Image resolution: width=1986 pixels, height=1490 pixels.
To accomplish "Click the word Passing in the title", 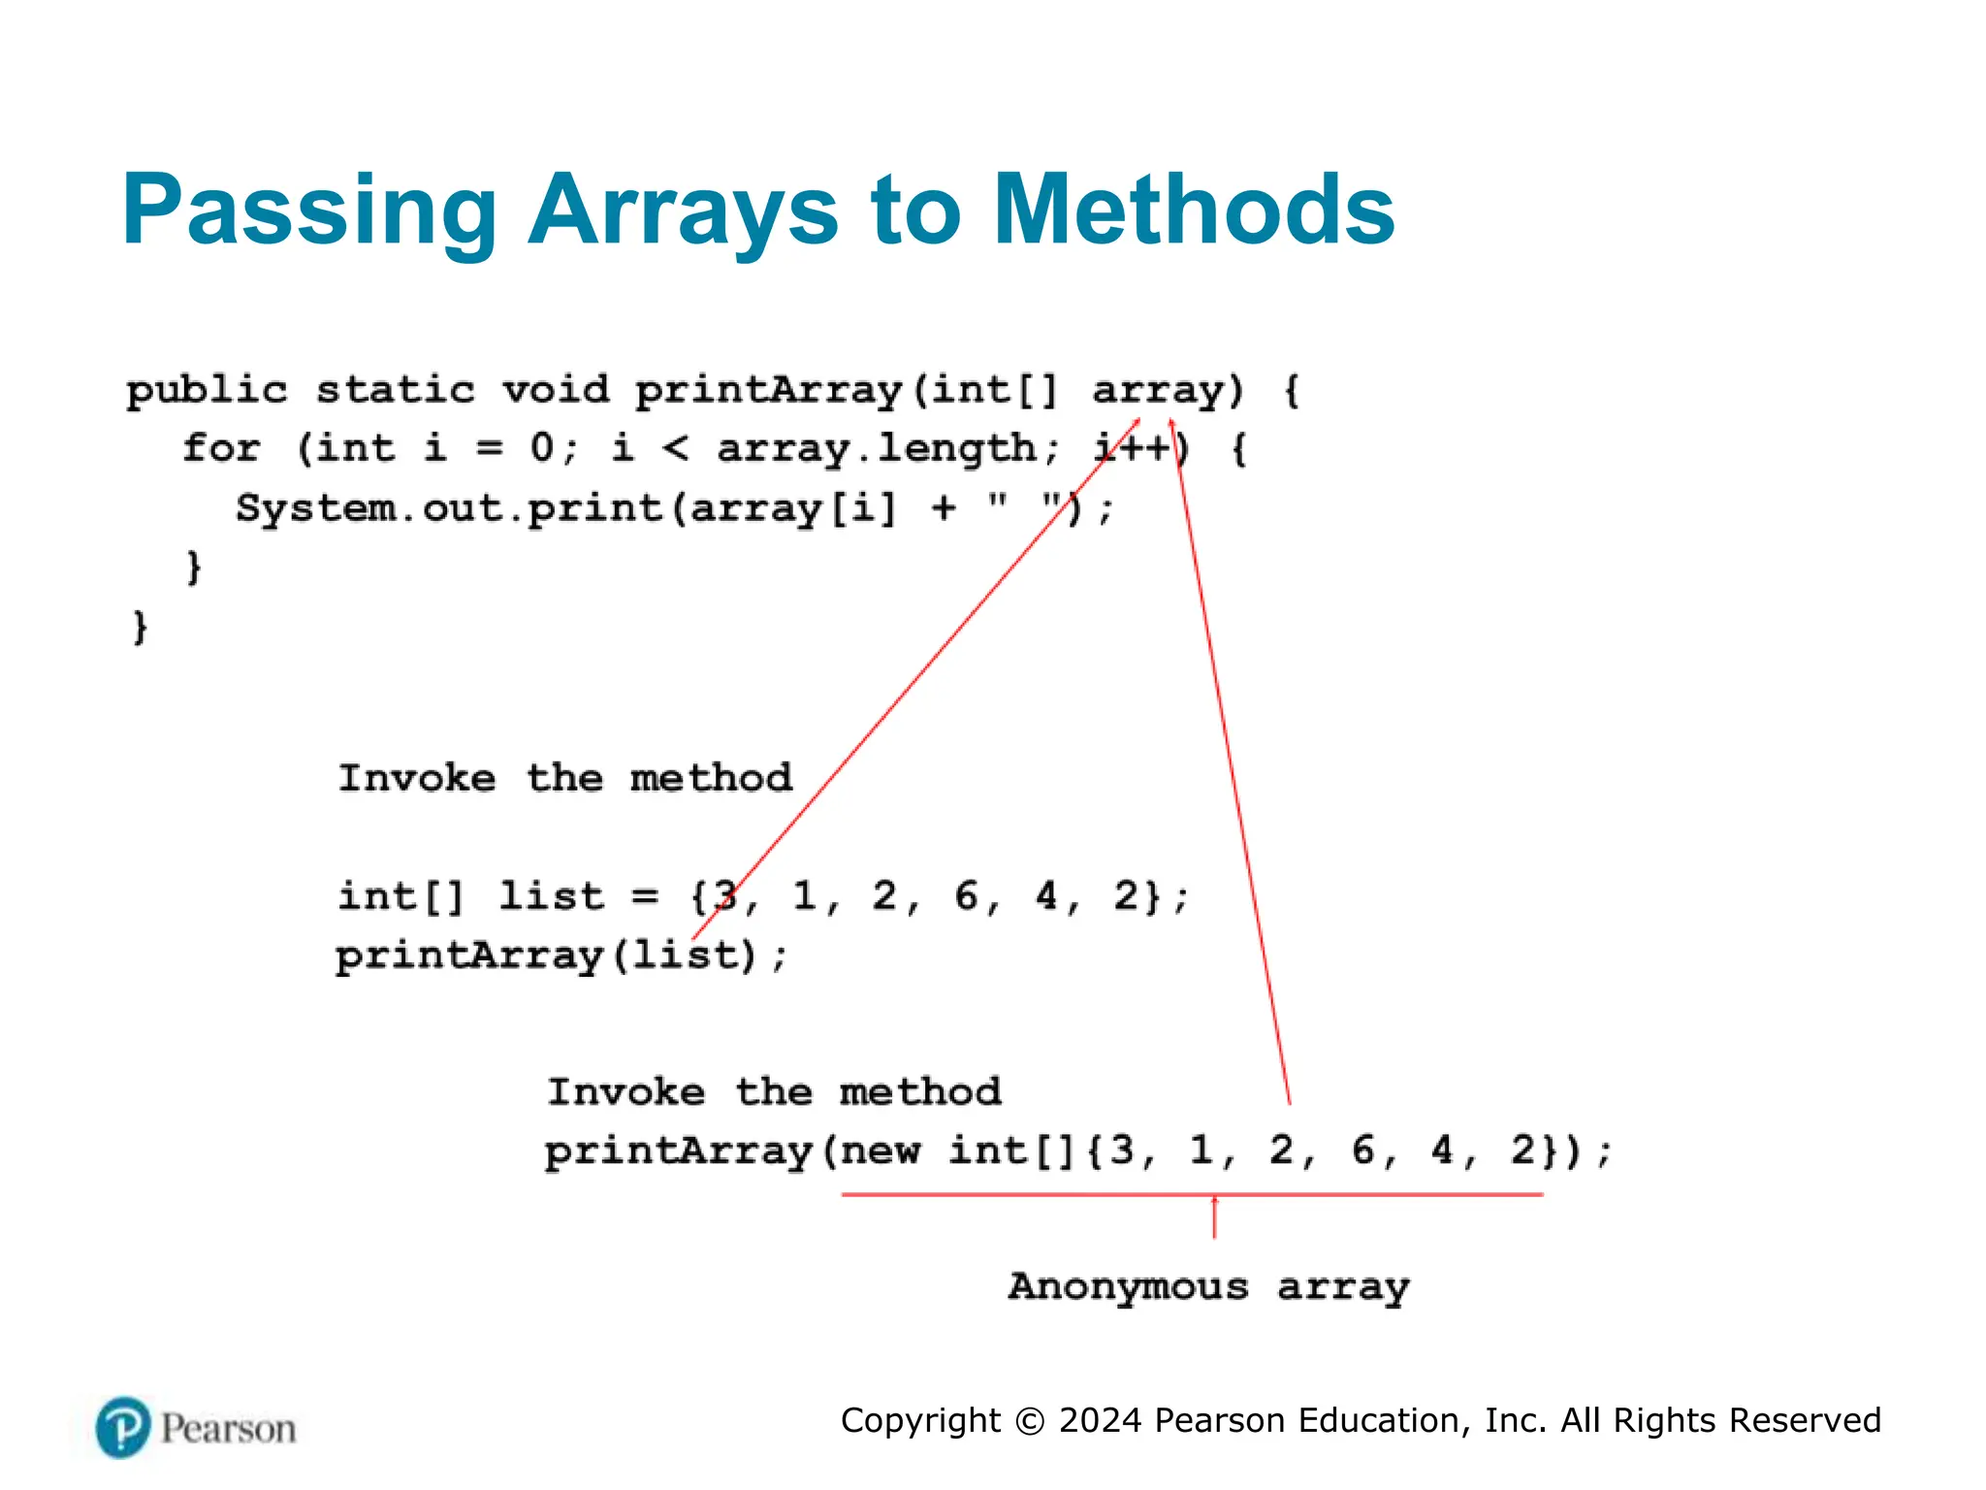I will [308, 211].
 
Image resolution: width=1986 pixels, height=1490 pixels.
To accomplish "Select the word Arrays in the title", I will [683, 211].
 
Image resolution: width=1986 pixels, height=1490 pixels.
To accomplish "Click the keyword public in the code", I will [207, 391].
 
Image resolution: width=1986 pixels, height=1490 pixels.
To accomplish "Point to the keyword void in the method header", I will [556, 390].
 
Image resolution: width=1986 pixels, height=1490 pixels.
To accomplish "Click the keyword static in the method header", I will [396, 390].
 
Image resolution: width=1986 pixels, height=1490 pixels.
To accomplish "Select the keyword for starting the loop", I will [221, 448].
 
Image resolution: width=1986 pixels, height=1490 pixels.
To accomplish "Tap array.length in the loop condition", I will [877, 449].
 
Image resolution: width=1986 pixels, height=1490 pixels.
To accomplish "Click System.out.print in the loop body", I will [449, 508].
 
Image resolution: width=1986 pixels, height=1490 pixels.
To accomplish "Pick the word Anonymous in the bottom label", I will [1128, 1287].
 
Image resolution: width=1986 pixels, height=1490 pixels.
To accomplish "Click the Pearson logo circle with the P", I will [123, 1428].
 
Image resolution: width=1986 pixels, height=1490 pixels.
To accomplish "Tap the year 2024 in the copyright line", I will [1101, 1420].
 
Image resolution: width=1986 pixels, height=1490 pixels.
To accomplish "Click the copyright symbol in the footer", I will [1030, 1421].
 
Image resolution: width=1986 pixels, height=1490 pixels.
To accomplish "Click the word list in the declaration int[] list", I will [551, 896].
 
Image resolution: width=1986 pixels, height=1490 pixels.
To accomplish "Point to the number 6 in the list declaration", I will [966, 896].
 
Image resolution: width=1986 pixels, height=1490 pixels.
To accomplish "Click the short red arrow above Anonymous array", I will [1214, 1217].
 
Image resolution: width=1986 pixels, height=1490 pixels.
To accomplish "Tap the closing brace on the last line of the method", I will [141, 627].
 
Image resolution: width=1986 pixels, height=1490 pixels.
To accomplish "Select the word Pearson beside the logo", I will [228, 1429].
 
